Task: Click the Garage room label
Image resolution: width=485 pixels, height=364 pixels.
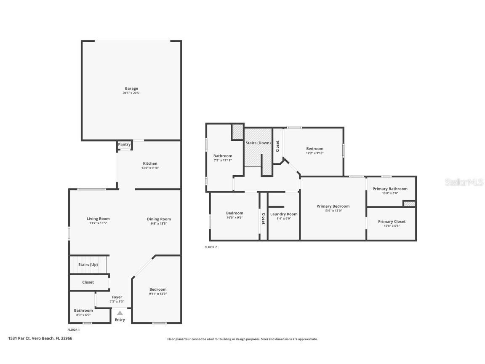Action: [131, 88]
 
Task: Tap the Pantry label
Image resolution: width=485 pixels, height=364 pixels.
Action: [124, 145]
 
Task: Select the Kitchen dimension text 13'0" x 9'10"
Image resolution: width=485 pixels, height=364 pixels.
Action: [150, 168]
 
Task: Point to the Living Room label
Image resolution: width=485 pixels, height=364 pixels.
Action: [98, 219]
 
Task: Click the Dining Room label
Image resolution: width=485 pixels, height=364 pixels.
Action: [159, 219]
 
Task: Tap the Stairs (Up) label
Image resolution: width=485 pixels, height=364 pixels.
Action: [88, 265]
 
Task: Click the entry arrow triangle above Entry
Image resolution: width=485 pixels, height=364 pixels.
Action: [120, 313]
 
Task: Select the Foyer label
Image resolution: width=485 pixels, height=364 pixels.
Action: [117, 297]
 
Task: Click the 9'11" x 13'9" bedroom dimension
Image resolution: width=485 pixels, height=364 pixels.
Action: [158, 294]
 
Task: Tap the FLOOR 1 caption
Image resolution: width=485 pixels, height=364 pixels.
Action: [74, 329]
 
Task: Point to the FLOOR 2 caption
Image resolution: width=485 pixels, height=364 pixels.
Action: [211, 247]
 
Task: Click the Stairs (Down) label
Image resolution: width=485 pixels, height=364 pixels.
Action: [258, 143]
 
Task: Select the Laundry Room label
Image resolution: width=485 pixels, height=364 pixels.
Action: [284, 214]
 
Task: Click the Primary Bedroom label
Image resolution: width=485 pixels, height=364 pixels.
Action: [333, 206]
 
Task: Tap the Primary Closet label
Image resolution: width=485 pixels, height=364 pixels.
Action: [392, 221]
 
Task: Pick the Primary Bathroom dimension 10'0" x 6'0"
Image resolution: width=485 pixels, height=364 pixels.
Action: [390, 193]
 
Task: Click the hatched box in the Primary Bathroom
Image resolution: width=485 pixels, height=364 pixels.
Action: [409, 204]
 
